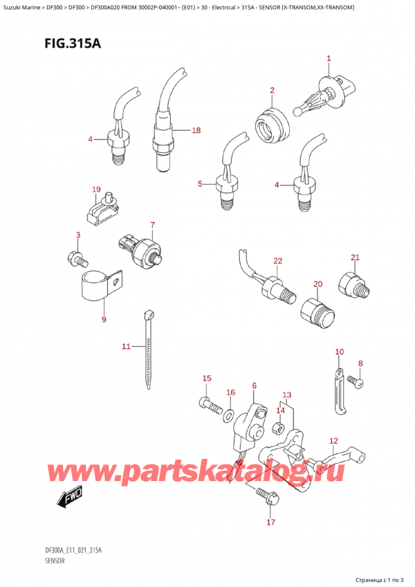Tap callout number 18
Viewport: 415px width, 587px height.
196,130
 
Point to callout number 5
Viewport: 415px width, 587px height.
200,183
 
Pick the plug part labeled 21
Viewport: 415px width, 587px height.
352,285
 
